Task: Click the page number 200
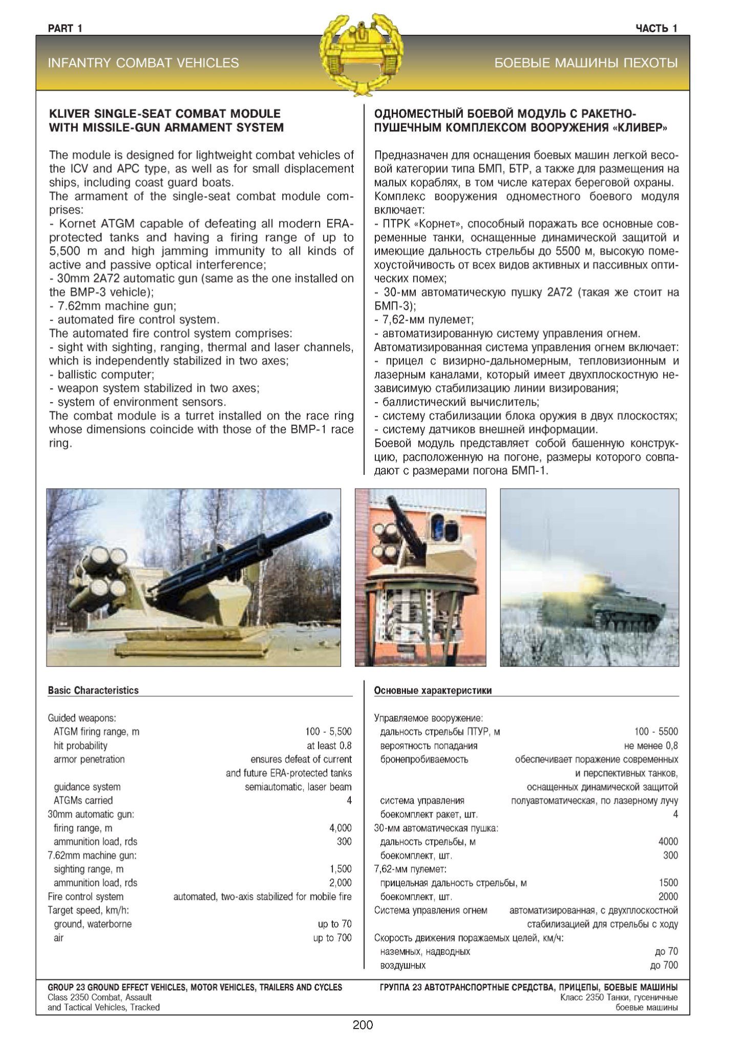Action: tap(363, 1025)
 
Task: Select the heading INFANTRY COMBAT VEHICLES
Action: tap(143, 63)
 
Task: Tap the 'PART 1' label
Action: tap(65, 29)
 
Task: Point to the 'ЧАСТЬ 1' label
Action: tap(656, 29)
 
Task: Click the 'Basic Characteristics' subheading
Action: tap(93, 690)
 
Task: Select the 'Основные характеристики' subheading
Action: tap(433, 690)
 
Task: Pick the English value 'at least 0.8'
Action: tap(329, 745)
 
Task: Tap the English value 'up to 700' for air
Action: tap(332, 938)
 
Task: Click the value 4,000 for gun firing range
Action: tap(340, 828)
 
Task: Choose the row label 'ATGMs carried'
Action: tap(83, 800)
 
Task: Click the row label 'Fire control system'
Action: tap(86, 896)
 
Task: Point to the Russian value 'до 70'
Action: tap(666, 951)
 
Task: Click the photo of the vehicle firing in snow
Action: tap(589, 577)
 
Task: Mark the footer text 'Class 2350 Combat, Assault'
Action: tap(99, 997)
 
